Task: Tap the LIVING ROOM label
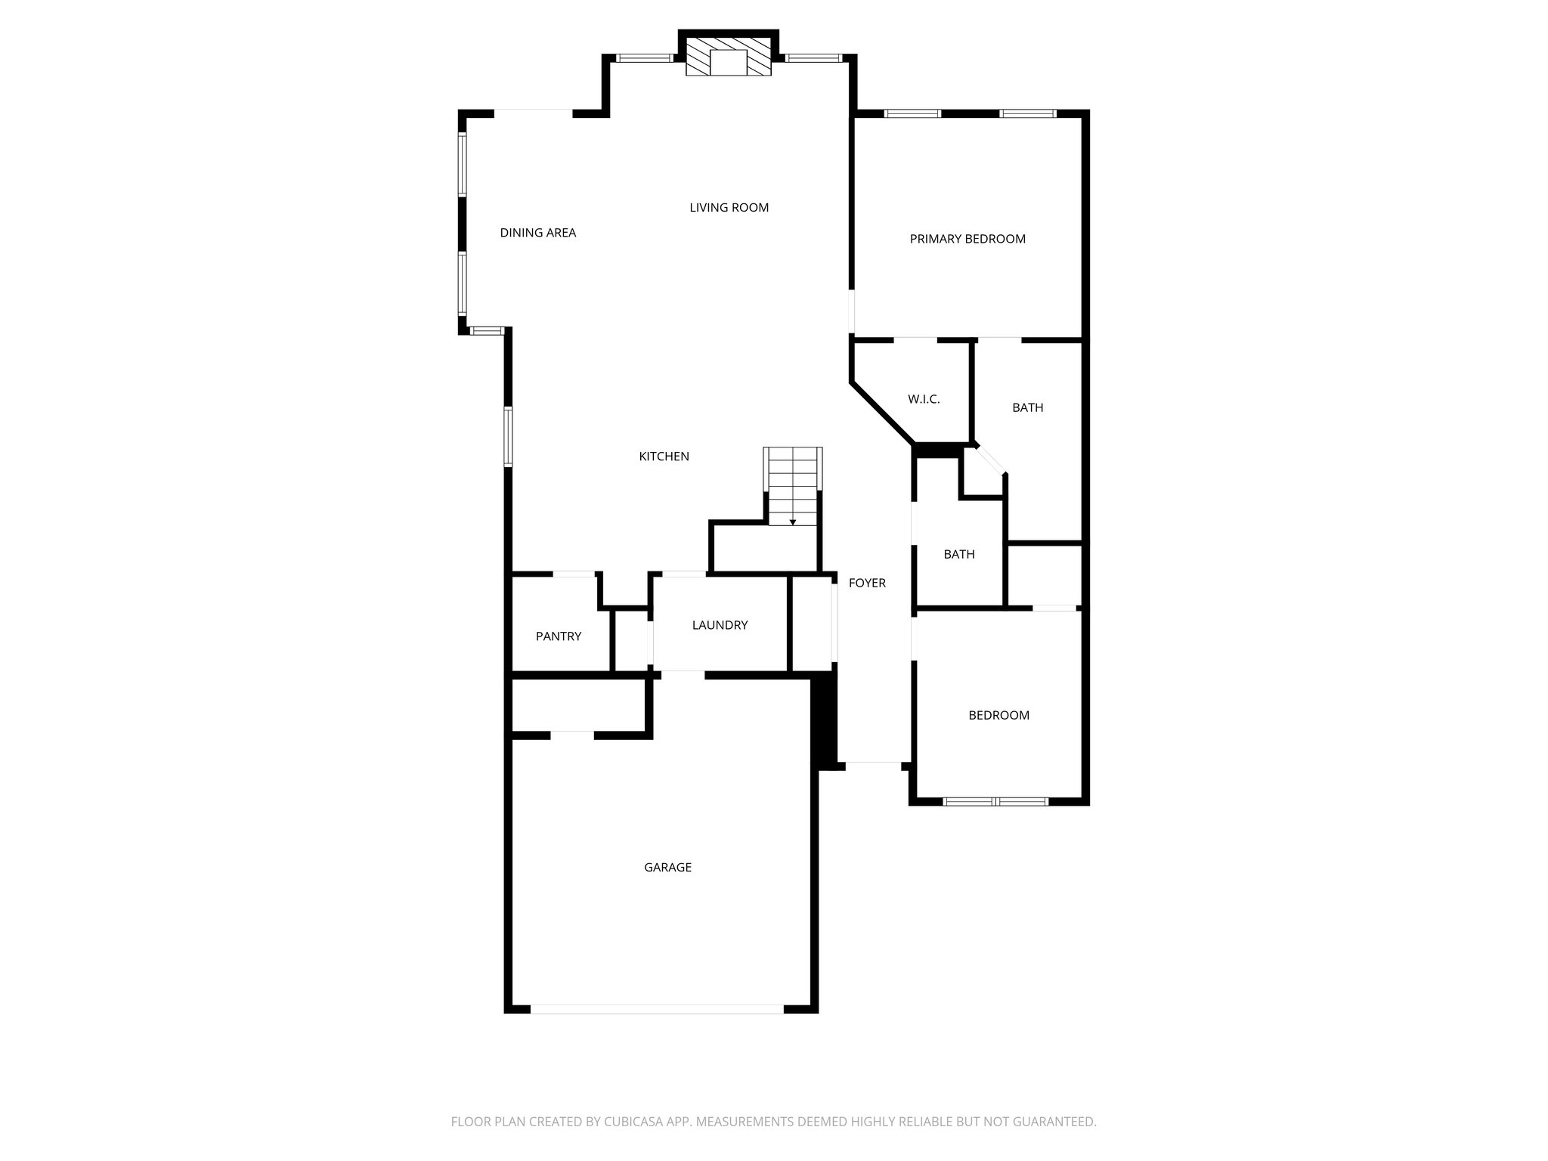[729, 208]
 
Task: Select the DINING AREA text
[538, 233]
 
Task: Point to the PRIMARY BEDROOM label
[967, 239]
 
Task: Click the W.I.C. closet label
[924, 399]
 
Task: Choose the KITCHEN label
[664, 457]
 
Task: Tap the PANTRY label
[559, 636]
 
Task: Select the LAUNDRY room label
[720, 625]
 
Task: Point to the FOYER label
[867, 583]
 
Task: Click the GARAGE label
[667, 868]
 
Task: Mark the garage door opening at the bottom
[657, 1009]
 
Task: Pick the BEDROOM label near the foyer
[998, 715]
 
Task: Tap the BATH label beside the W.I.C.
[1027, 408]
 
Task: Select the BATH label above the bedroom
[959, 555]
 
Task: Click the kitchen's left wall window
[509, 436]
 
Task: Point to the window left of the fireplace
[644, 58]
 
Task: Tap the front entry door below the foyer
[873, 766]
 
